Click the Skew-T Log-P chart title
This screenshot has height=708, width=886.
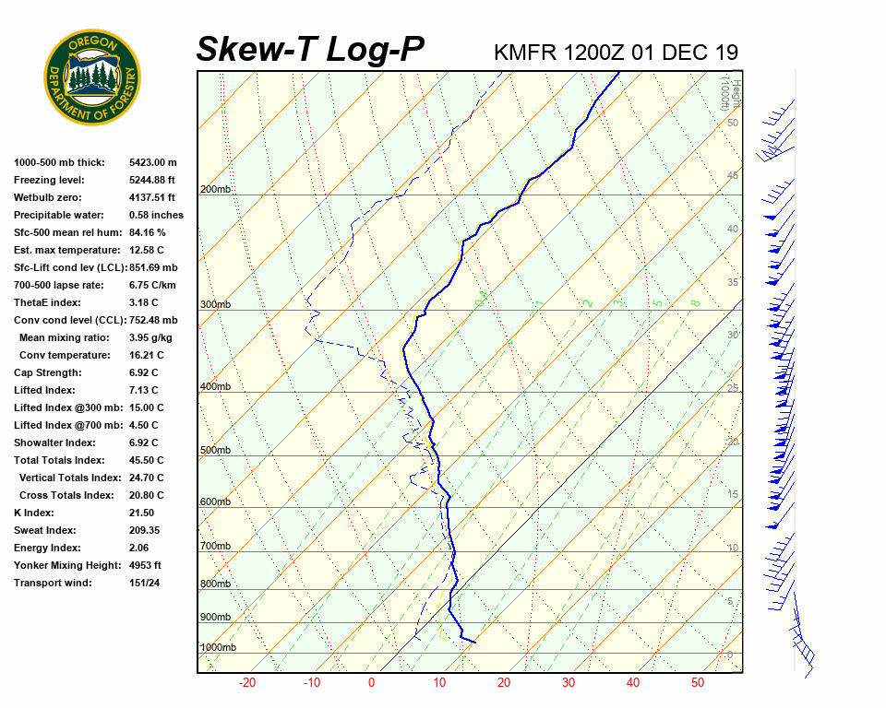coord(310,49)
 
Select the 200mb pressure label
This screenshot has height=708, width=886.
coord(216,190)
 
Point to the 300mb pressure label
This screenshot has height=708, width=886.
coord(216,305)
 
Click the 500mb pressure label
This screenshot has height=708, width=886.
coord(216,451)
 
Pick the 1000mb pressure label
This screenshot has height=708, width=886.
coord(219,648)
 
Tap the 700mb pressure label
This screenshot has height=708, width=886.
coord(216,547)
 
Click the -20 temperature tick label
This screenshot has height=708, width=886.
coord(247,683)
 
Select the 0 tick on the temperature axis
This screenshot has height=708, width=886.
coord(371,683)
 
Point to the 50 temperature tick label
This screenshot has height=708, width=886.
coord(697,683)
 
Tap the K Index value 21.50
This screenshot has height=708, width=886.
coord(141,513)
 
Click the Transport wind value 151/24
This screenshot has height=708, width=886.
coord(145,583)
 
